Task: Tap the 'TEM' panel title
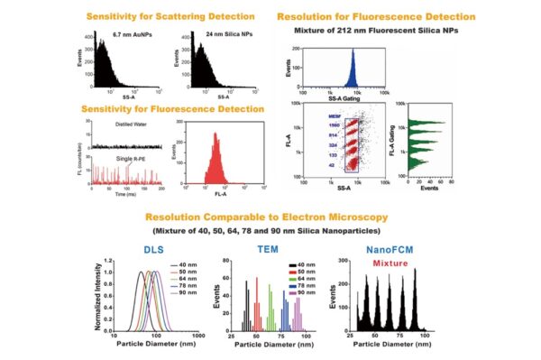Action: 268,250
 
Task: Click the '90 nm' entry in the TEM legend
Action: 304,293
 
